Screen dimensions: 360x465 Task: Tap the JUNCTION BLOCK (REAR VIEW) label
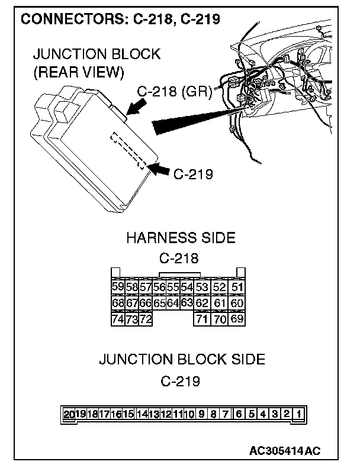96,63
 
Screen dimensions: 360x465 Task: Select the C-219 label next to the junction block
193,174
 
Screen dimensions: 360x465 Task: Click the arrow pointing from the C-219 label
159,170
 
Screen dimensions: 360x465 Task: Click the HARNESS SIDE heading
181,238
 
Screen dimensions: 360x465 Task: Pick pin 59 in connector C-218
118,288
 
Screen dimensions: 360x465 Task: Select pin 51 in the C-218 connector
237,288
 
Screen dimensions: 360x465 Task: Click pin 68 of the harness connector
118,303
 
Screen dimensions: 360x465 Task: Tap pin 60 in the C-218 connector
237,303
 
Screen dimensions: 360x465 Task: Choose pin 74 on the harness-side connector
118,319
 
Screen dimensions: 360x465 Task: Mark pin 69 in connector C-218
237,319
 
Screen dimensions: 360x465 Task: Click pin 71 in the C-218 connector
202,319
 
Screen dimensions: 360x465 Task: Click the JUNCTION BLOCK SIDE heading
181,359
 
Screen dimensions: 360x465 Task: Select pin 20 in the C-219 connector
69,414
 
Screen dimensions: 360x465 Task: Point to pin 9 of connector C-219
202,414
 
